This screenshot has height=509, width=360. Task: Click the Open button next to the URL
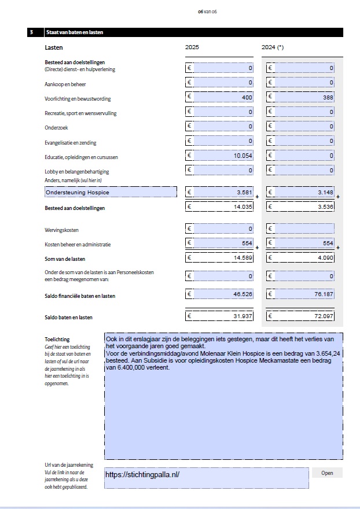pyautogui.click(x=327, y=473)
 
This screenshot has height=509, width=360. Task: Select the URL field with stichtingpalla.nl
pyautogui.click(x=206, y=477)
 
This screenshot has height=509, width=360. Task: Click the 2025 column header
pyautogui.click(x=192, y=47)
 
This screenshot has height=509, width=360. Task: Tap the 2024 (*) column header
pyautogui.click(x=273, y=47)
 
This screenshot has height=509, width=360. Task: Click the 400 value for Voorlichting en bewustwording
pyautogui.click(x=221, y=98)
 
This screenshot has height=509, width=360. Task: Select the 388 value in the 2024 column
pyautogui.click(x=302, y=98)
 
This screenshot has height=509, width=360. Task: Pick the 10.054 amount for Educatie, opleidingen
pyautogui.click(x=221, y=156)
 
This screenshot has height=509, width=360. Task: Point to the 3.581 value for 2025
pyautogui.click(x=221, y=192)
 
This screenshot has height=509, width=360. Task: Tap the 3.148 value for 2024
pyautogui.click(x=302, y=192)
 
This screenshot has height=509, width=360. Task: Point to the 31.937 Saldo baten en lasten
pyautogui.click(x=221, y=316)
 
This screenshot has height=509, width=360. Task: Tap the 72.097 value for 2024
pyautogui.click(x=302, y=316)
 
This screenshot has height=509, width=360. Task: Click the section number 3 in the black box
pyautogui.click(x=31, y=32)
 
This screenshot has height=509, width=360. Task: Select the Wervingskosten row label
pyautogui.click(x=63, y=230)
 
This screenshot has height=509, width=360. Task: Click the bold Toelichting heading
pyautogui.click(x=57, y=340)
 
